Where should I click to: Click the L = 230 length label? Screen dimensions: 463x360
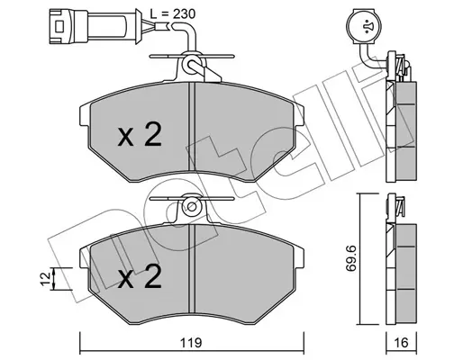pyautogui.click(x=173, y=13)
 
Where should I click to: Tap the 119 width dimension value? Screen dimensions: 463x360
pyautogui.click(x=191, y=343)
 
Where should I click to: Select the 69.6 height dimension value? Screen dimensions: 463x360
pyautogui.click(x=350, y=258)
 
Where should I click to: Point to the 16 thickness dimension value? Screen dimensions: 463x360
pyautogui.click(x=401, y=343)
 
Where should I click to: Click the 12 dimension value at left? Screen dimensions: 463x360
pyautogui.click(x=46, y=279)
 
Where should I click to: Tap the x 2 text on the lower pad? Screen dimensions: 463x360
pyautogui.click(x=140, y=276)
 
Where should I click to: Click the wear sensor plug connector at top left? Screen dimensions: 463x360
pyautogui.click(x=95, y=26)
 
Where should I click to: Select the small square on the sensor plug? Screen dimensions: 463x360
pyautogui.click(x=59, y=26)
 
